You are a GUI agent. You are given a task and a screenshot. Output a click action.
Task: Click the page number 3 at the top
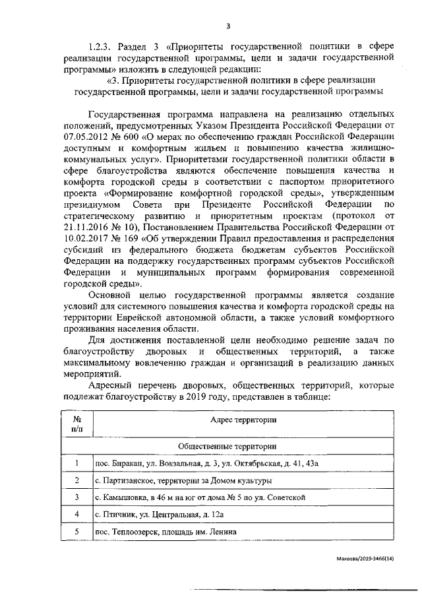(x=228, y=26)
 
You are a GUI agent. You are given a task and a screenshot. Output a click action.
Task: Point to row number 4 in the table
(x=77, y=514)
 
